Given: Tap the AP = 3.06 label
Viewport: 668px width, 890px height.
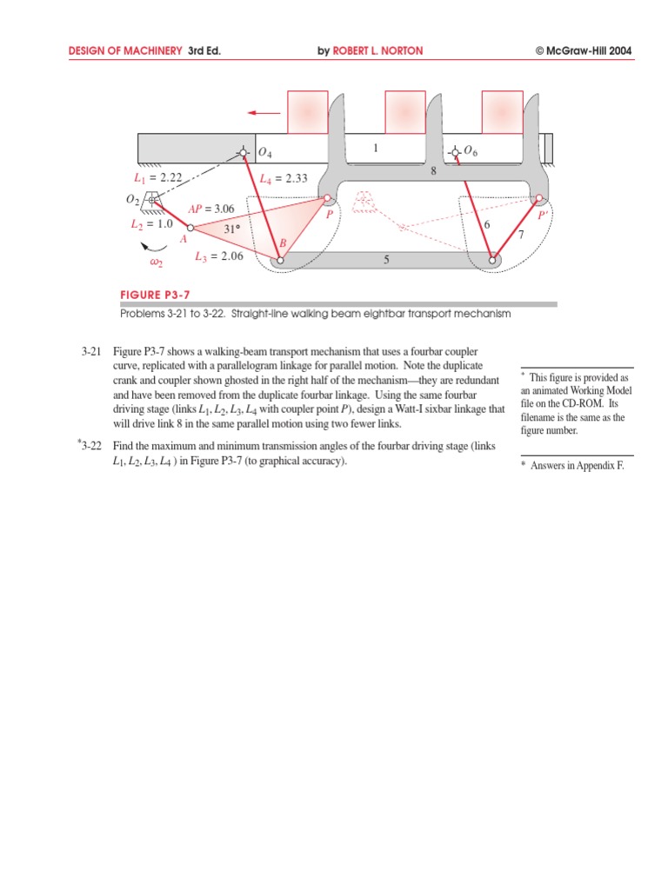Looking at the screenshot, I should coord(211,209).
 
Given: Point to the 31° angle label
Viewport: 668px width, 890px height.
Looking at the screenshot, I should coord(230,229).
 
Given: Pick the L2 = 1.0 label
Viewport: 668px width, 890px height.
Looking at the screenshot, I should coord(152,223).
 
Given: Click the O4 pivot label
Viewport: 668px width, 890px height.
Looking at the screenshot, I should coord(265,154).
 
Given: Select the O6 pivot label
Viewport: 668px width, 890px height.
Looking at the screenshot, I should coord(471,151).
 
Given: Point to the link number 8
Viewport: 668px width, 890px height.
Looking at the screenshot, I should coord(433,172).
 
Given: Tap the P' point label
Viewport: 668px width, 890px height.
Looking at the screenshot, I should coord(543,214).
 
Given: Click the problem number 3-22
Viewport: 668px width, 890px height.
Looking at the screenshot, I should coord(91,446).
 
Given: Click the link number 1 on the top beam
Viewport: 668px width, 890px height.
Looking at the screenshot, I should coord(376,149).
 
